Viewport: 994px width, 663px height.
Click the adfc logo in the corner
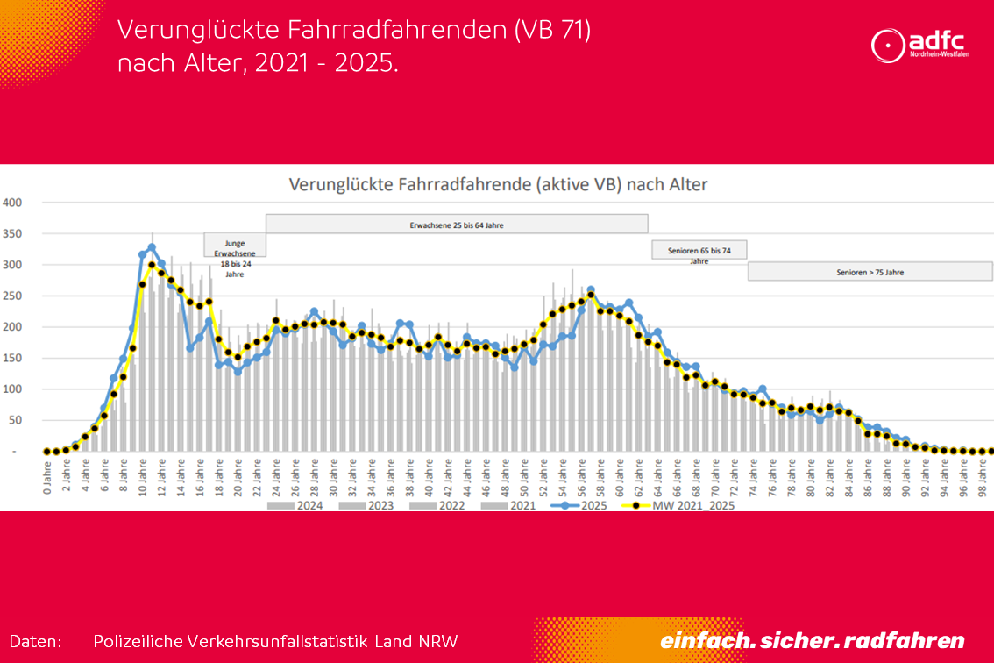click(x=919, y=46)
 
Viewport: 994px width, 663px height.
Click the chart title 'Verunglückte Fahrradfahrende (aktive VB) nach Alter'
click(x=498, y=185)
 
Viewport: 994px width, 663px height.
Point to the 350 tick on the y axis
click(x=12, y=233)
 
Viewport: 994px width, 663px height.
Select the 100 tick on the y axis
click(x=12, y=389)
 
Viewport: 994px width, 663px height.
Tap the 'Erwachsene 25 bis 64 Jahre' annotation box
click(x=457, y=225)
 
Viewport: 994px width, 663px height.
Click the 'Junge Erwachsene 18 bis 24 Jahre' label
click(x=234, y=258)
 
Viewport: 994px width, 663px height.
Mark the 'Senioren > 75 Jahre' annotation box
click(x=870, y=272)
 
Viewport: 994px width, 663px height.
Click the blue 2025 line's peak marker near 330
click(x=152, y=247)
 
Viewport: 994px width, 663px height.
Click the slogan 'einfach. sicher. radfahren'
click(x=812, y=640)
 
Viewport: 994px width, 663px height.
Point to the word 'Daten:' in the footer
click(x=36, y=641)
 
